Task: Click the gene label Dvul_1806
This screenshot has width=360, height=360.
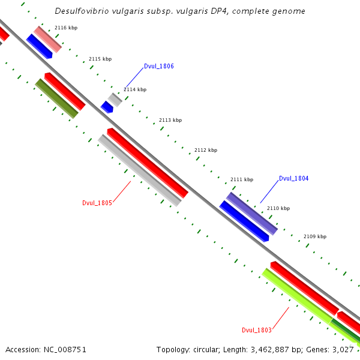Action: click(159, 66)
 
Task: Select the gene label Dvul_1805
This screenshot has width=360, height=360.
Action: click(97, 203)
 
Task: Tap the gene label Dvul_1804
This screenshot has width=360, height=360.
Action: click(293, 178)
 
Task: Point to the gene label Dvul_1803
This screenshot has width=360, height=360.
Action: click(257, 330)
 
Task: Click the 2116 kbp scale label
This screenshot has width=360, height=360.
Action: click(66, 28)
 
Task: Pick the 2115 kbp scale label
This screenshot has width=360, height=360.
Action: click(100, 59)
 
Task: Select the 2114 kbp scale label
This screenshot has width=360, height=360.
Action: click(135, 89)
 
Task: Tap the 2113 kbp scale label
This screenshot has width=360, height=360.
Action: click(170, 120)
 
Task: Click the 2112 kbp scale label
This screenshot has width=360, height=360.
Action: click(206, 150)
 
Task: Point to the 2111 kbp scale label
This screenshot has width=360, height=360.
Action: click(242, 179)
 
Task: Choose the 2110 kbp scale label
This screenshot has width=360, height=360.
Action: click(278, 208)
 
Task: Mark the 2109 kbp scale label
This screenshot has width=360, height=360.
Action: click(315, 236)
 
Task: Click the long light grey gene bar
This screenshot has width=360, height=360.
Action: click(139, 170)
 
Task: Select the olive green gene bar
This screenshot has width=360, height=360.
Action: click(57, 98)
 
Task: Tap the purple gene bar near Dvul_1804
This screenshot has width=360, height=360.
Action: click(251, 213)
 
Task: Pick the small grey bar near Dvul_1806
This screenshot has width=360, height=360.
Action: click(115, 100)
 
